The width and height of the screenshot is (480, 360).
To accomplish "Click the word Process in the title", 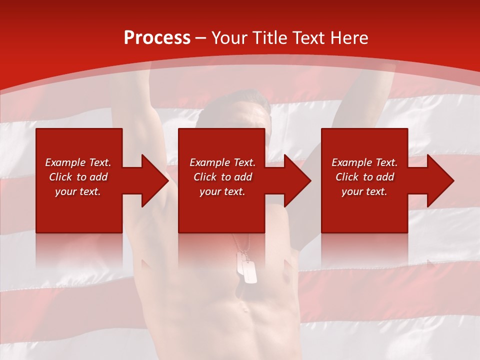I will click(157, 38).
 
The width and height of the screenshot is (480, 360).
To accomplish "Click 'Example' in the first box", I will click(64, 162).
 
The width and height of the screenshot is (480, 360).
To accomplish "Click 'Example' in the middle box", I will click(209, 162).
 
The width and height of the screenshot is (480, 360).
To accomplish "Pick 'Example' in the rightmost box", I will click(351, 162).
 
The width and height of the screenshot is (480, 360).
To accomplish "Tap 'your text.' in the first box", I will click(78, 191).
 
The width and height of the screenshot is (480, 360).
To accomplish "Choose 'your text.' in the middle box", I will click(222, 191).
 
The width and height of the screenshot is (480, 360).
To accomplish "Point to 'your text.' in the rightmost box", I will click(364, 191).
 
